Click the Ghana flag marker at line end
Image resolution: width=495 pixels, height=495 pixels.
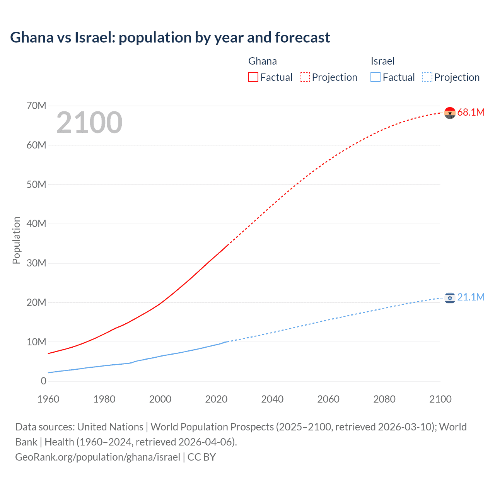[x=450, y=113]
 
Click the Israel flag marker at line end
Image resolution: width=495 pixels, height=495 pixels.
[x=450, y=298]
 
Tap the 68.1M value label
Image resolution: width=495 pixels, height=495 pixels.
[x=471, y=113]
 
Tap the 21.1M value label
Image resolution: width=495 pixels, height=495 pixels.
[x=471, y=297]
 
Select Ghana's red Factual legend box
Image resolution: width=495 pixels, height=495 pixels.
[x=253, y=77]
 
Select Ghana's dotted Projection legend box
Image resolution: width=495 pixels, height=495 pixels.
[x=305, y=77]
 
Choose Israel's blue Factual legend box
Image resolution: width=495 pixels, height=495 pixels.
[x=376, y=77]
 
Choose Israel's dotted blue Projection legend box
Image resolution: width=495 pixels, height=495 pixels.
[x=427, y=77]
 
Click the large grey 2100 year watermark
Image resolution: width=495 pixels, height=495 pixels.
[x=89, y=123]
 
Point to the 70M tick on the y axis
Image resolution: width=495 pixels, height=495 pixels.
[x=36, y=106]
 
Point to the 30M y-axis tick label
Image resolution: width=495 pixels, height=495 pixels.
[x=36, y=263]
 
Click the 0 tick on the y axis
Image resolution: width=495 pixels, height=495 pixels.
[x=43, y=381]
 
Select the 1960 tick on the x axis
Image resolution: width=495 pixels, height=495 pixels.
[x=48, y=399]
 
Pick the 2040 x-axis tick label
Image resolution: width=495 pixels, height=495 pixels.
[x=272, y=399]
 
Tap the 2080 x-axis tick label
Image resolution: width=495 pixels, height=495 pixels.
[x=384, y=399]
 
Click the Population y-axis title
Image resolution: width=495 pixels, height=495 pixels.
[x=16, y=240]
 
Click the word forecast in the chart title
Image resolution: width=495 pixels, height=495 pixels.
[x=302, y=38]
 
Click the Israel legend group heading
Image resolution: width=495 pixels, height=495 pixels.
[x=382, y=61]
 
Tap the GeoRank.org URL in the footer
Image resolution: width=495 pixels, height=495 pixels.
[x=97, y=457]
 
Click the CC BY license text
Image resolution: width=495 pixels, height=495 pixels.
[x=201, y=457]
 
